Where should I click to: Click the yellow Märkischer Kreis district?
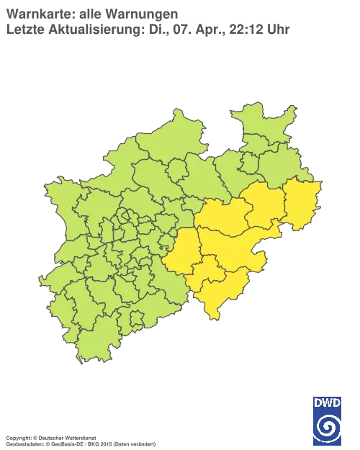coord(180,252)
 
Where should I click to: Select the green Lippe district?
coord(277,169)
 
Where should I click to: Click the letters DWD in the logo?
coord(327,402)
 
